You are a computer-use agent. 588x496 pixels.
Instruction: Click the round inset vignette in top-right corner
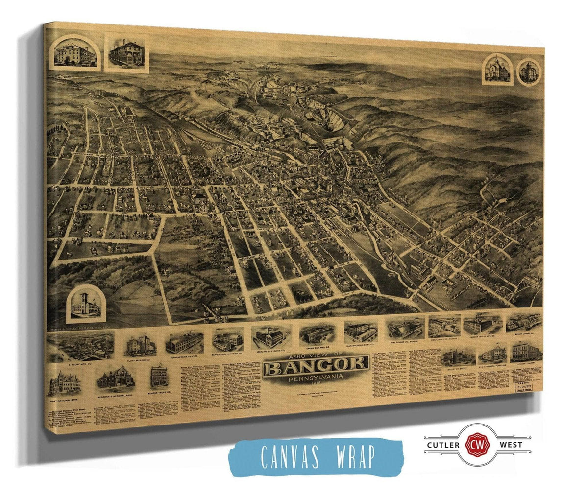pyautogui.click(x=530, y=71)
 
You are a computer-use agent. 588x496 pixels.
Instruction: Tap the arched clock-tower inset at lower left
pyautogui.click(x=86, y=304)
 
